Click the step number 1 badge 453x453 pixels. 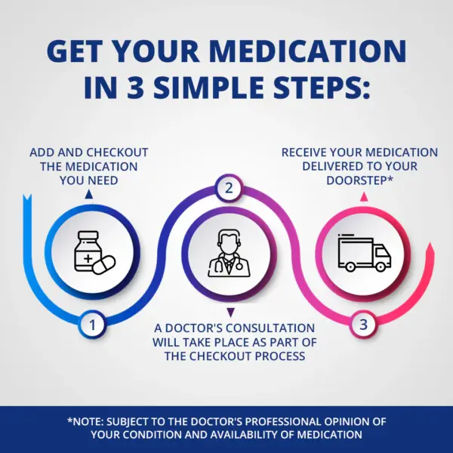(x=92, y=325)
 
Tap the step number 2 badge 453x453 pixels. (x=229, y=188)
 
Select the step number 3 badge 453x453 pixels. (x=363, y=324)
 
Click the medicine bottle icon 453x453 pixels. (x=88, y=251)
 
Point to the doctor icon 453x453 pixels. (x=229, y=253)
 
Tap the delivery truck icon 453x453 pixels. (x=365, y=252)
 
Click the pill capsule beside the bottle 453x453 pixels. (x=104, y=265)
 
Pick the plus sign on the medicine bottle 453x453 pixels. (x=88, y=258)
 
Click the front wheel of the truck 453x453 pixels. (x=381, y=267)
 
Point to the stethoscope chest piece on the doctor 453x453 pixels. (x=239, y=266)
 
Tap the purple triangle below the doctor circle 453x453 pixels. (x=230, y=313)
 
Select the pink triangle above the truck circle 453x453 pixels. (x=364, y=197)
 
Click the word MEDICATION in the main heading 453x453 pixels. (x=308, y=51)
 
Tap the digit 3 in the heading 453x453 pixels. (x=135, y=87)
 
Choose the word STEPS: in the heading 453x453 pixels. (x=322, y=87)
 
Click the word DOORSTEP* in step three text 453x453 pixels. (x=359, y=180)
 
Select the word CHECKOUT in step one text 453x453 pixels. (x=117, y=153)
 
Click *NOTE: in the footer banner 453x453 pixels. (x=85, y=421)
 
